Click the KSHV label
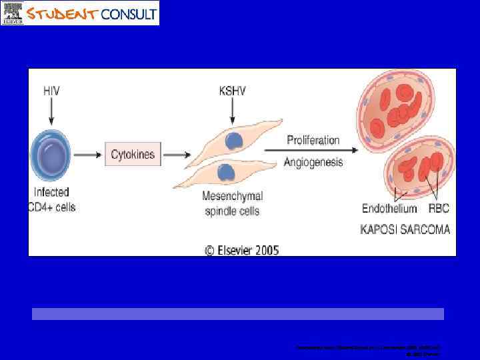point(232,90)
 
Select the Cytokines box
point(133,155)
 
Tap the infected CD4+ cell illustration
point(51,155)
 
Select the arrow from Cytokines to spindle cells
point(177,155)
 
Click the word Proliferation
point(313,140)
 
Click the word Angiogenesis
point(313,162)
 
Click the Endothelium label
point(389,209)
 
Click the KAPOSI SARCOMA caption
point(405,229)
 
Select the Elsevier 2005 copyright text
point(241,251)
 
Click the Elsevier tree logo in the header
point(13,13)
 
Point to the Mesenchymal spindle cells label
point(232,203)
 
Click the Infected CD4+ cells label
point(52,199)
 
